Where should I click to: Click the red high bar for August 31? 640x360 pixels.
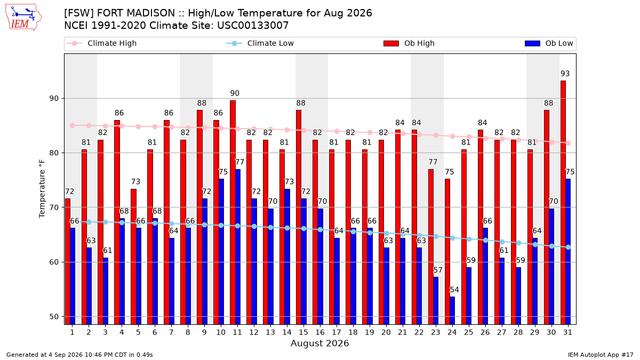563,203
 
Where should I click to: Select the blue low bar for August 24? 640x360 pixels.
452,310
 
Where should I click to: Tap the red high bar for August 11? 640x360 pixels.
233,213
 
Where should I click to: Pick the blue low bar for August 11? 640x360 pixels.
238,247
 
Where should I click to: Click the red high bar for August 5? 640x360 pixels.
133,257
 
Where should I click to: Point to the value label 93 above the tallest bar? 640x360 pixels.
565,74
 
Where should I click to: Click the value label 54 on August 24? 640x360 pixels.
454,290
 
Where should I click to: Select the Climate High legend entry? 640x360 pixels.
102,43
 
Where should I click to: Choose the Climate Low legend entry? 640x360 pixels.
260,43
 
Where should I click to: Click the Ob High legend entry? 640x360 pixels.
409,43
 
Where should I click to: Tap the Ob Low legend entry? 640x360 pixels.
549,43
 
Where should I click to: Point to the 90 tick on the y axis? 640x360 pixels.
54,99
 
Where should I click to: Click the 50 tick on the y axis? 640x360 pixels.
54,317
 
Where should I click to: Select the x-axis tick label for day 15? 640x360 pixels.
303,332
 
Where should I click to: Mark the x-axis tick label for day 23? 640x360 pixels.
435,332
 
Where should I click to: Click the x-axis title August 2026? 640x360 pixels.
319,343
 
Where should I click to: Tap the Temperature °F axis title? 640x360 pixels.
42,189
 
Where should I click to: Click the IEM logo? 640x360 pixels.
23,18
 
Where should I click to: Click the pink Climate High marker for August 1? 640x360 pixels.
73,126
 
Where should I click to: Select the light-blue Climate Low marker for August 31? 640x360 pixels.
568,247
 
